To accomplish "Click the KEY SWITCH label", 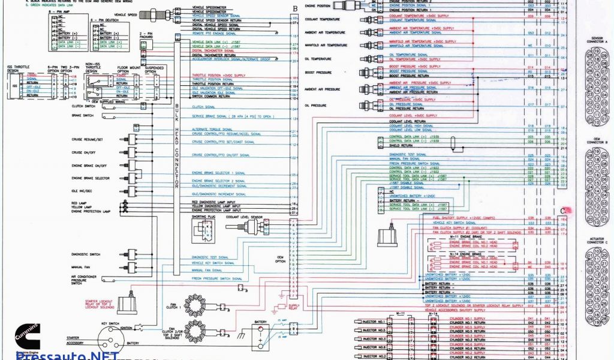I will coord(111,323).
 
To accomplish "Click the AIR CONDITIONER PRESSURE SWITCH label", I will coord(85,280).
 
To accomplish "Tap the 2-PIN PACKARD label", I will coord(146,36).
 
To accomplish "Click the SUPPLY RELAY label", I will coord(294,308).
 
